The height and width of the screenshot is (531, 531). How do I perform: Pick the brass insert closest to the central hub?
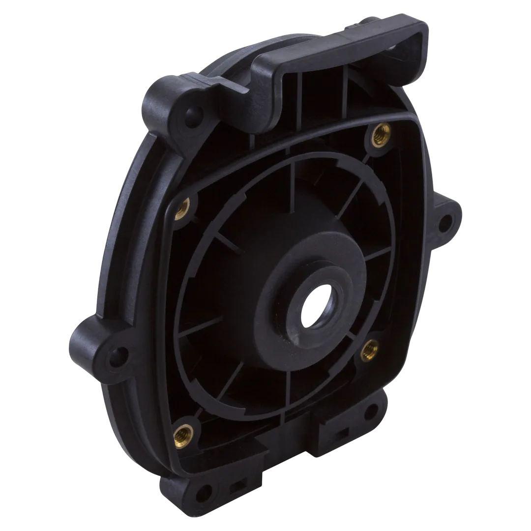pyautogui.click(x=369, y=348)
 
